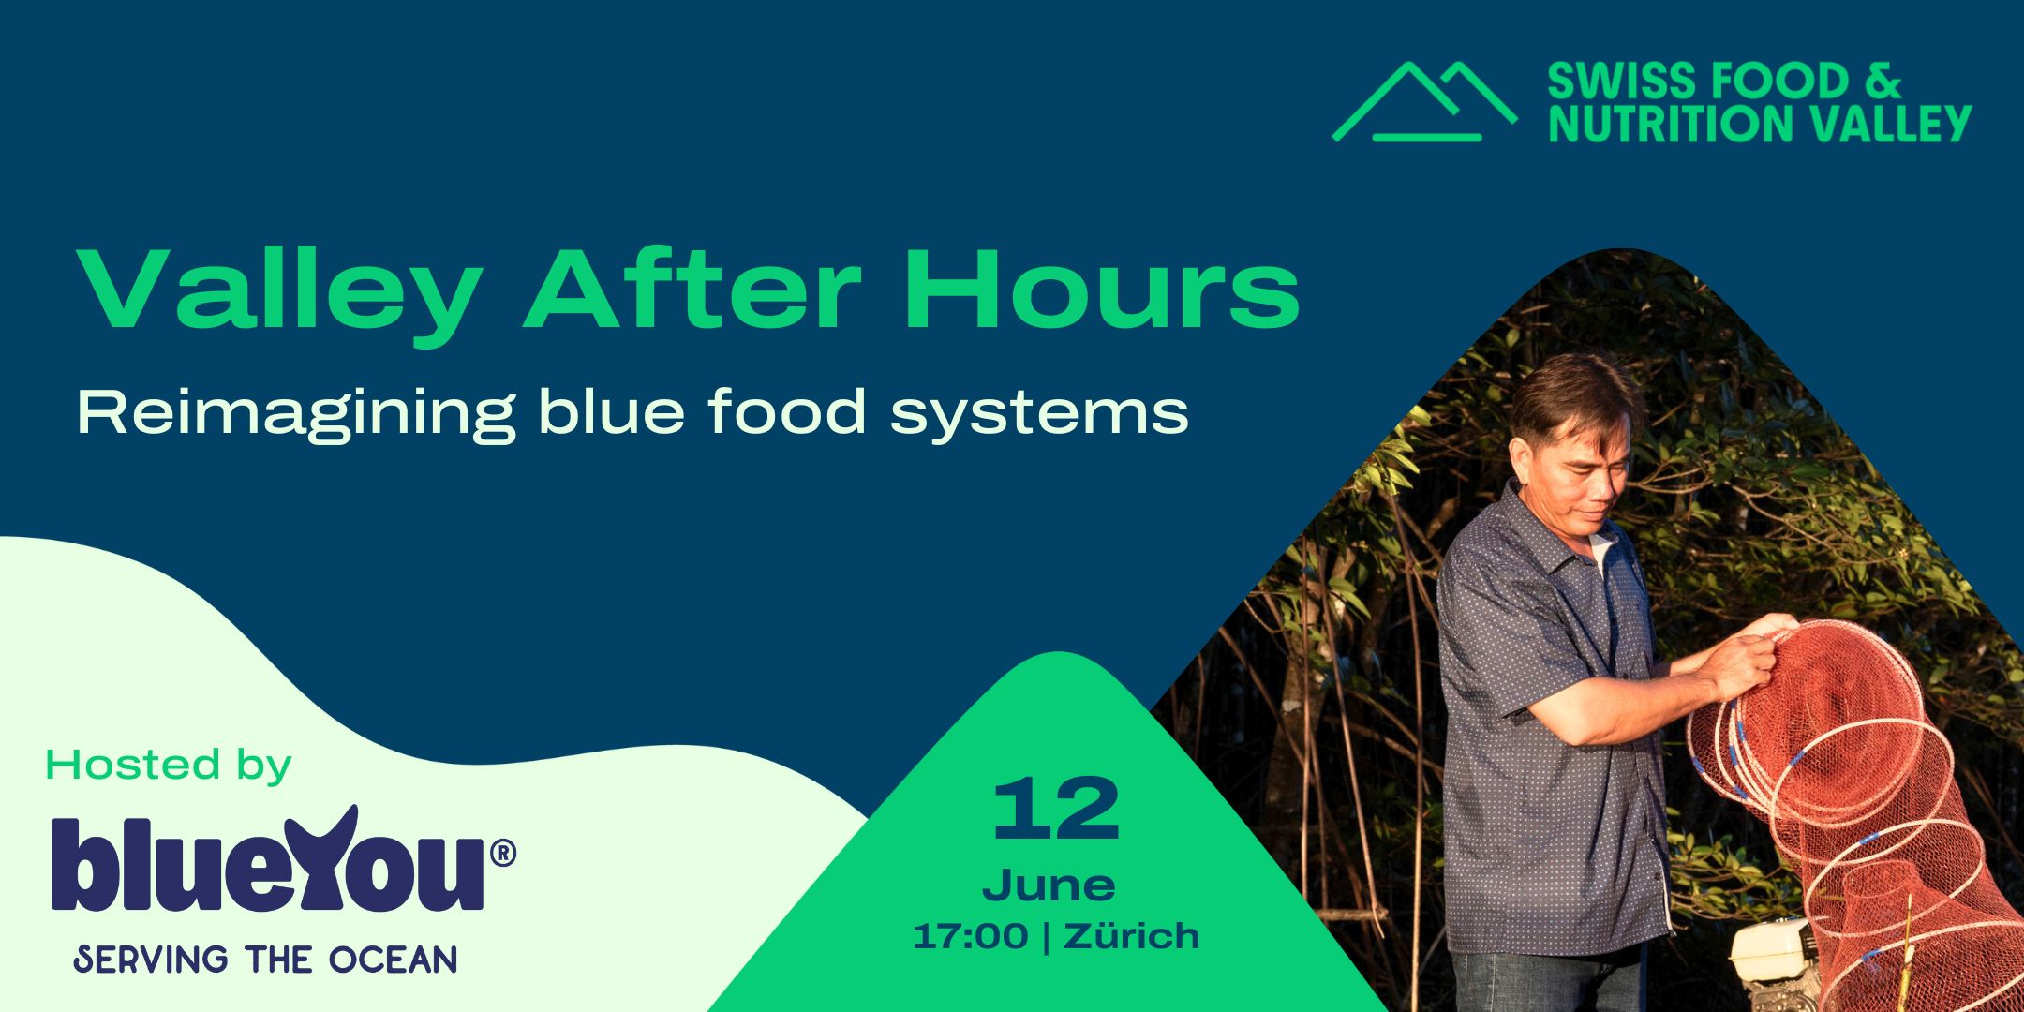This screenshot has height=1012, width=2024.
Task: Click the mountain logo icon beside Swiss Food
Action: pyautogui.click(x=1424, y=102)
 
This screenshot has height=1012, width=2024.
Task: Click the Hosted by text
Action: pyautogui.click(x=169, y=766)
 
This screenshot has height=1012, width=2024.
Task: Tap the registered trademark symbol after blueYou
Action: pyautogui.click(x=503, y=853)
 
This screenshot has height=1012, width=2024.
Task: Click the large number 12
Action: pyautogui.click(x=1057, y=809)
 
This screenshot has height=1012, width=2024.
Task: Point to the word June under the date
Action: pyautogui.click(x=1049, y=886)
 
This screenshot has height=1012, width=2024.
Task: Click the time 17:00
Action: pyautogui.click(x=971, y=936)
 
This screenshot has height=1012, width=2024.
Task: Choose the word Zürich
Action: pyautogui.click(x=1132, y=935)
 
